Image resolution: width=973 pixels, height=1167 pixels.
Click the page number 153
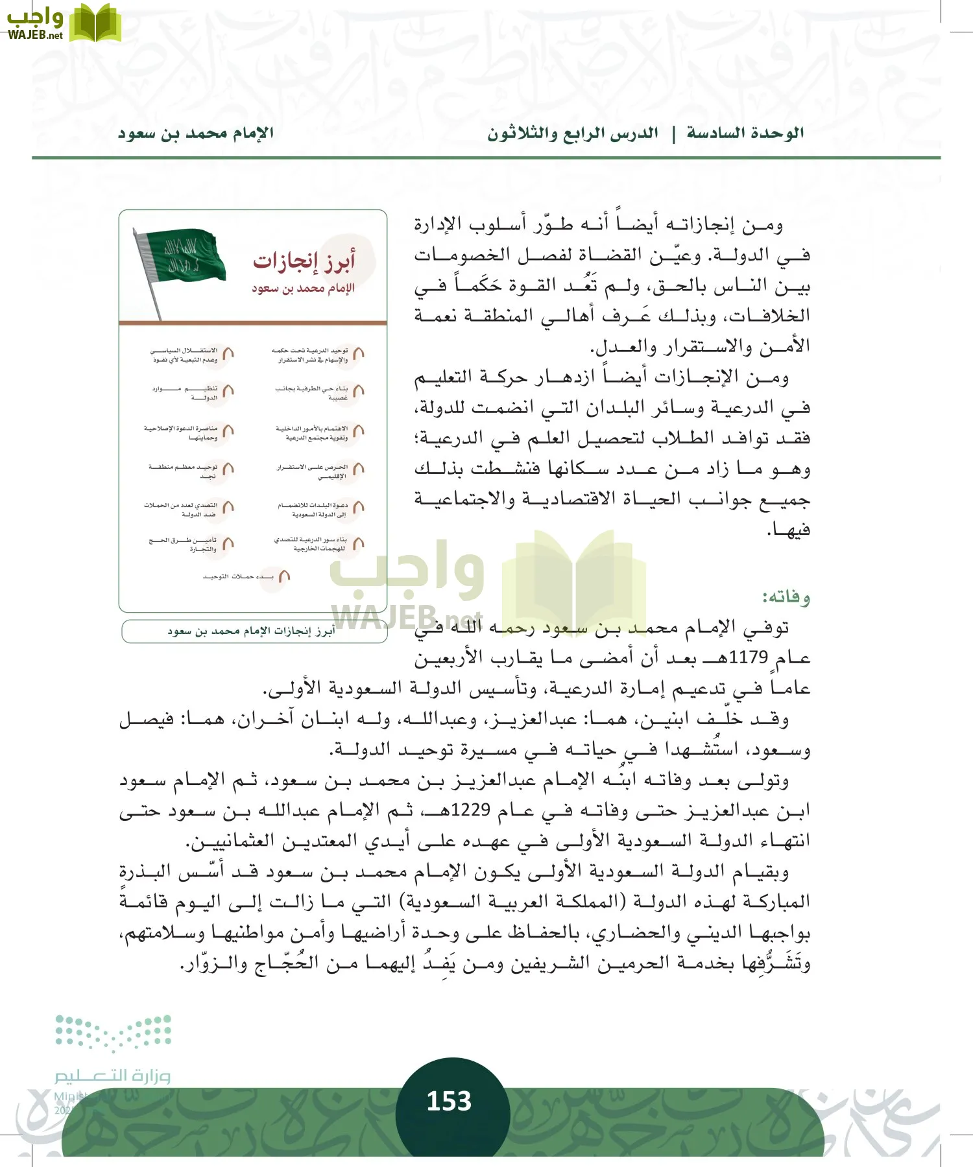[449, 1100]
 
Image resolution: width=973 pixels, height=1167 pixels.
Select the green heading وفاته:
[786, 596]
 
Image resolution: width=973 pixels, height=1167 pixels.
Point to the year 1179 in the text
[748, 657]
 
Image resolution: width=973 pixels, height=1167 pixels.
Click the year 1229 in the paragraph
[470, 810]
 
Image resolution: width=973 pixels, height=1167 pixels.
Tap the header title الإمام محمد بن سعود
[195, 134]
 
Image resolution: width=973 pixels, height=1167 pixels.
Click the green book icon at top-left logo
[95, 23]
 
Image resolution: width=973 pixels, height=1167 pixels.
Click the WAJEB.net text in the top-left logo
[35, 35]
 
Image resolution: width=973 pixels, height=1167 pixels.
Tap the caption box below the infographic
[254, 631]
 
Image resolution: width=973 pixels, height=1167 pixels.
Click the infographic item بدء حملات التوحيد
[238, 576]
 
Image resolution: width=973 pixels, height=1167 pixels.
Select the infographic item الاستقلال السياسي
[185, 355]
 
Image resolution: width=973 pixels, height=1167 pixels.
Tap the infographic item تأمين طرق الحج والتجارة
[183, 545]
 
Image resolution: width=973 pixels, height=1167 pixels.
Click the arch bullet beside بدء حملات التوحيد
[283, 576]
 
